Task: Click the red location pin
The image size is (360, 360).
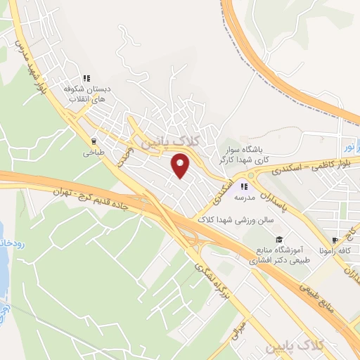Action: pyautogui.click(x=181, y=166)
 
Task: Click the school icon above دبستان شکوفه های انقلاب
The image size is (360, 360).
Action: pyautogui.click(x=87, y=78)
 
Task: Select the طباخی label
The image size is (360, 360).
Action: pyautogui.click(x=94, y=151)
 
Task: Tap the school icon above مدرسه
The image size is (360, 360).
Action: pyautogui.click(x=245, y=186)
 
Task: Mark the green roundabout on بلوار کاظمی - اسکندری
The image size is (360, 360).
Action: pyautogui.click(x=251, y=176)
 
